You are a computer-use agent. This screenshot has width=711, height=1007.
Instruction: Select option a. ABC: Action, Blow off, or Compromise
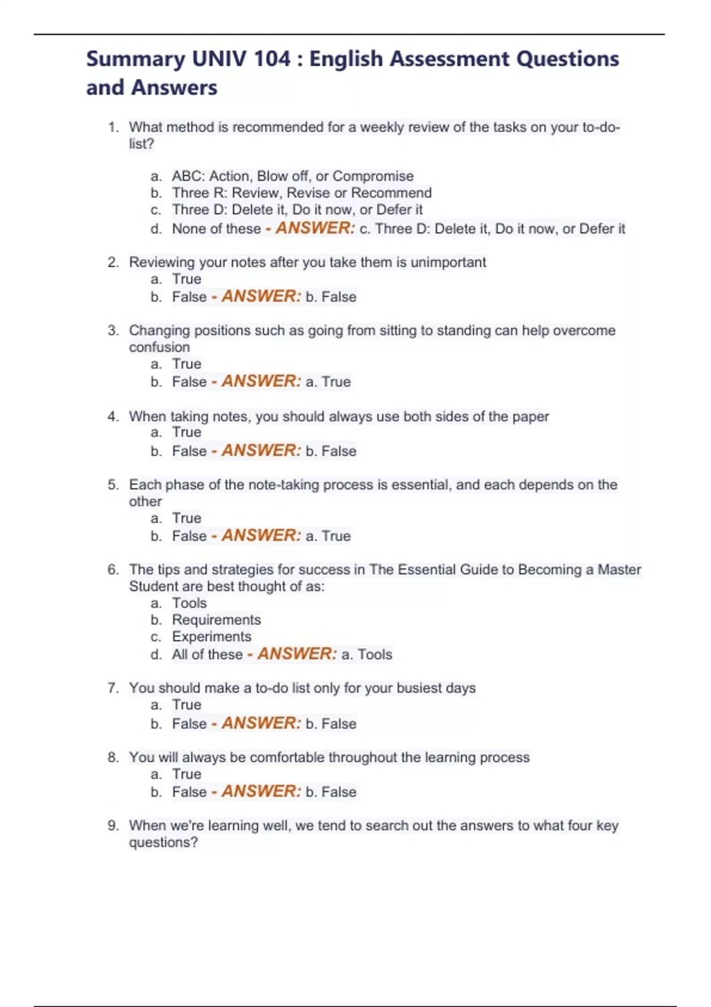tap(292, 176)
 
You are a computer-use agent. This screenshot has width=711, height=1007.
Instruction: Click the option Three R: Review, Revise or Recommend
tap(302, 193)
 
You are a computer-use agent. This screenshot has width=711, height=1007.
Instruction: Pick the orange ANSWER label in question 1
tap(315, 228)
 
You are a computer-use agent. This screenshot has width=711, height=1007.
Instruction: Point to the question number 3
tap(113, 331)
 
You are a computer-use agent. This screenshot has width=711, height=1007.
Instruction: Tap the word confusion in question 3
tap(159, 347)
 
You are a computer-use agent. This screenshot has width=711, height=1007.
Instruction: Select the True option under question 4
tap(187, 432)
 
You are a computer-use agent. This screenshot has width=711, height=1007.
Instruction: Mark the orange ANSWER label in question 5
tap(261, 535)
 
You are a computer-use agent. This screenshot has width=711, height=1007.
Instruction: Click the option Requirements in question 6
tap(216, 620)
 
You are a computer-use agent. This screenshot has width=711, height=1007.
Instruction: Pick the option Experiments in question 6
tap(212, 637)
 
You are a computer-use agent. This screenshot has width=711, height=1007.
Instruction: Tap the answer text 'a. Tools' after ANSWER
tap(367, 655)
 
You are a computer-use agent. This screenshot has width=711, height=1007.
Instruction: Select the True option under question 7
tap(187, 705)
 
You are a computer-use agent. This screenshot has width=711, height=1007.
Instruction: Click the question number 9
tap(113, 826)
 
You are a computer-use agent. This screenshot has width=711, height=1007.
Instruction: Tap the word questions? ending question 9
tap(163, 842)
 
